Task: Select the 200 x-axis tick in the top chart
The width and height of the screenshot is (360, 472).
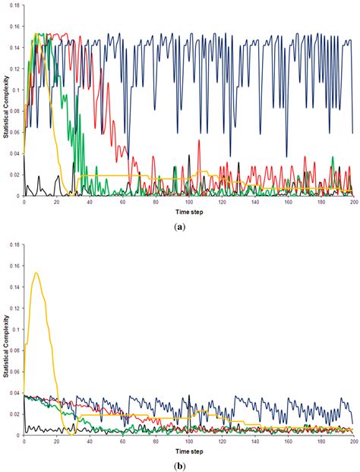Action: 352,202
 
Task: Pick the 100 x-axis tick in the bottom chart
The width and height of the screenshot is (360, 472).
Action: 188,442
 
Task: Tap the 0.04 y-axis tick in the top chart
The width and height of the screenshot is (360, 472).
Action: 15,154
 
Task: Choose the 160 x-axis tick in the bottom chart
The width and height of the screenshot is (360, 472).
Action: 286,442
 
